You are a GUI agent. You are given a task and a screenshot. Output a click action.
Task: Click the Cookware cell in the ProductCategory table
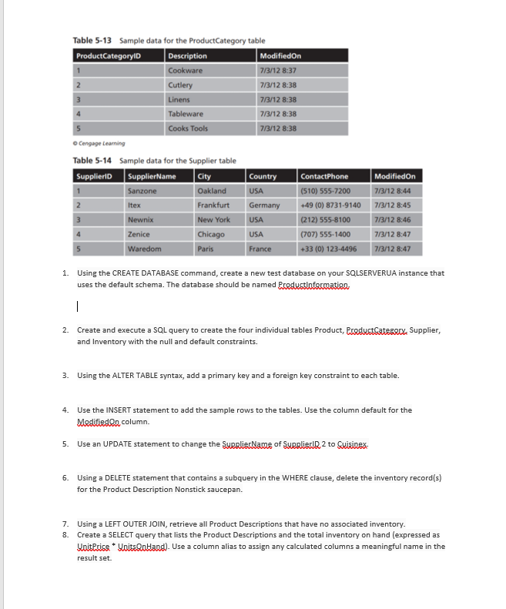(x=186, y=71)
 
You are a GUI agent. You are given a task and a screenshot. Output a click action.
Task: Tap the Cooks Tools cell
(x=187, y=129)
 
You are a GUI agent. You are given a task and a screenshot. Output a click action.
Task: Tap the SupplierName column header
(x=152, y=176)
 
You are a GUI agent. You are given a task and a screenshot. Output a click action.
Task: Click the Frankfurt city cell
(x=213, y=206)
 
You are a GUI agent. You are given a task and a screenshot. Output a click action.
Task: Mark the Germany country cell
(x=263, y=206)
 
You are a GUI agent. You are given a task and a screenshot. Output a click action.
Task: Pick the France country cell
(x=260, y=249)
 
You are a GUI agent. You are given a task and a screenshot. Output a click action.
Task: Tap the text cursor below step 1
(x=78, y=306)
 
